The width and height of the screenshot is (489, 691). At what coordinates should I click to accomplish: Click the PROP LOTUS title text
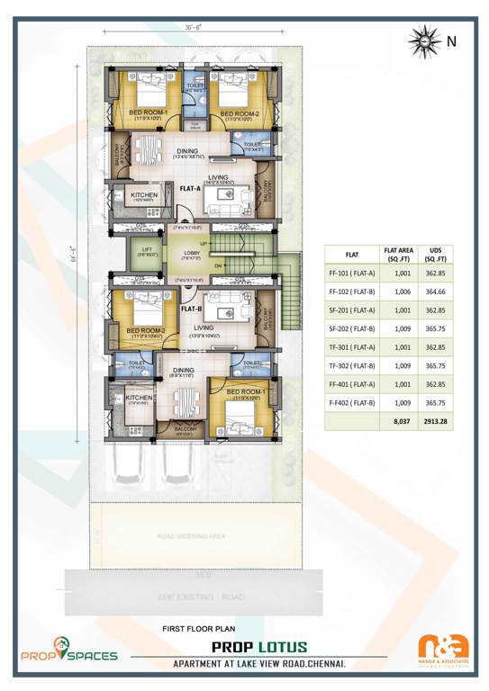[258, 647]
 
